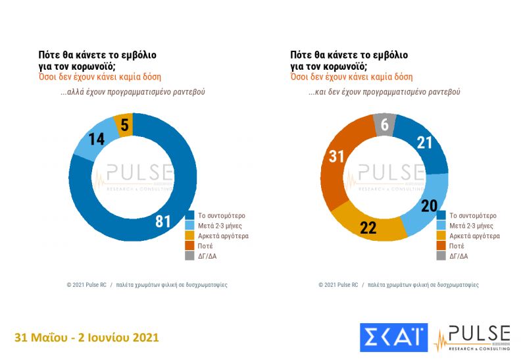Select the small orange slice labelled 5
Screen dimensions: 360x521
[124, 124]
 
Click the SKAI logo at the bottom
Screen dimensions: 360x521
[393, 337]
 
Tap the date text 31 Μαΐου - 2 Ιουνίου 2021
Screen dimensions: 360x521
[87, 338]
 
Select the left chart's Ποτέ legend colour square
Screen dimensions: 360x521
[190, 245]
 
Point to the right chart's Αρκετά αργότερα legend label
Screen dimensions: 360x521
[474, 236]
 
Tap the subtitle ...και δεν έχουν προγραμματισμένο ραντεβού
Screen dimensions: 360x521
[384, 92]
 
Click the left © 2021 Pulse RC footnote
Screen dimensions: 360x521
[86, 285]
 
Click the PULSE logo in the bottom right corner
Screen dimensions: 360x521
[473, 337]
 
